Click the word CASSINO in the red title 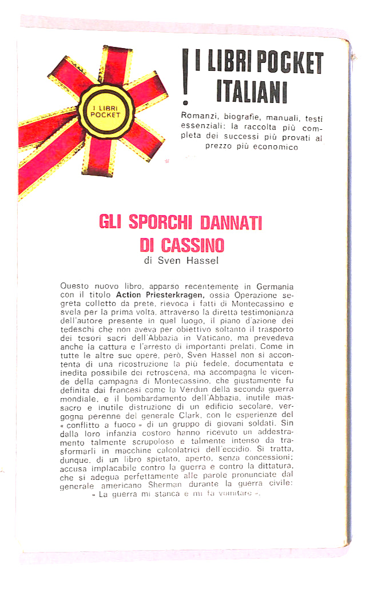(x=193, y=245)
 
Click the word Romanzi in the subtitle (x=199, y=118)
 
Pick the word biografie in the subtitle (x=247, y=118)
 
